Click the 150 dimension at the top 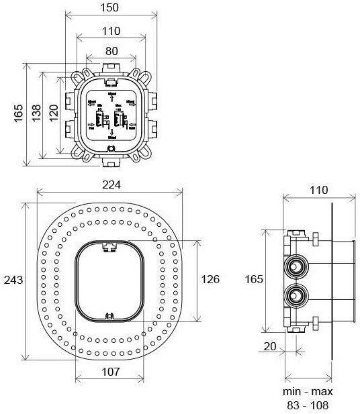(x=111, y=7)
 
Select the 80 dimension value (x=111, y=50)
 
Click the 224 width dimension (x=111, y=185)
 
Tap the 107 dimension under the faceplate (x=111, y=371)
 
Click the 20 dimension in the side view (x=269, y=347)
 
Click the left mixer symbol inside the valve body (x=101, y=121)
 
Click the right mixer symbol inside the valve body (x=121, y=121)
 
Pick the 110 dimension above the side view (x=320, y=190)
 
